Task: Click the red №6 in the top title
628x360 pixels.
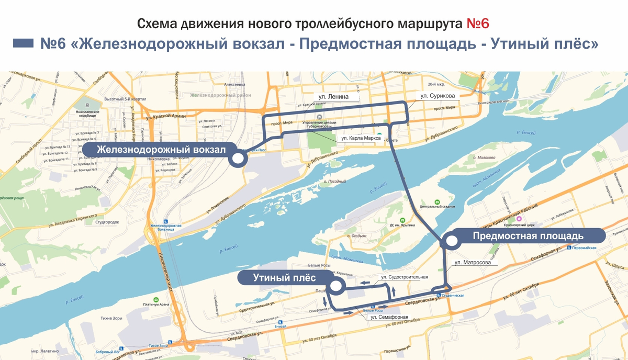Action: point(476,24)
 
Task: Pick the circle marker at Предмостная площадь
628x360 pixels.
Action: point(450,241)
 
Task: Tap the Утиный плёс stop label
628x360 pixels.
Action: point(278,277)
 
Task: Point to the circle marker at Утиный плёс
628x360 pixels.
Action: point(335,286)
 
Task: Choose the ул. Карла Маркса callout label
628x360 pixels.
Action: point(361,138)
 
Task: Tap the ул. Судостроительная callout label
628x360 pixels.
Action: point(405,277)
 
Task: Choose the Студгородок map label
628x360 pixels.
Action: point(107,222)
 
